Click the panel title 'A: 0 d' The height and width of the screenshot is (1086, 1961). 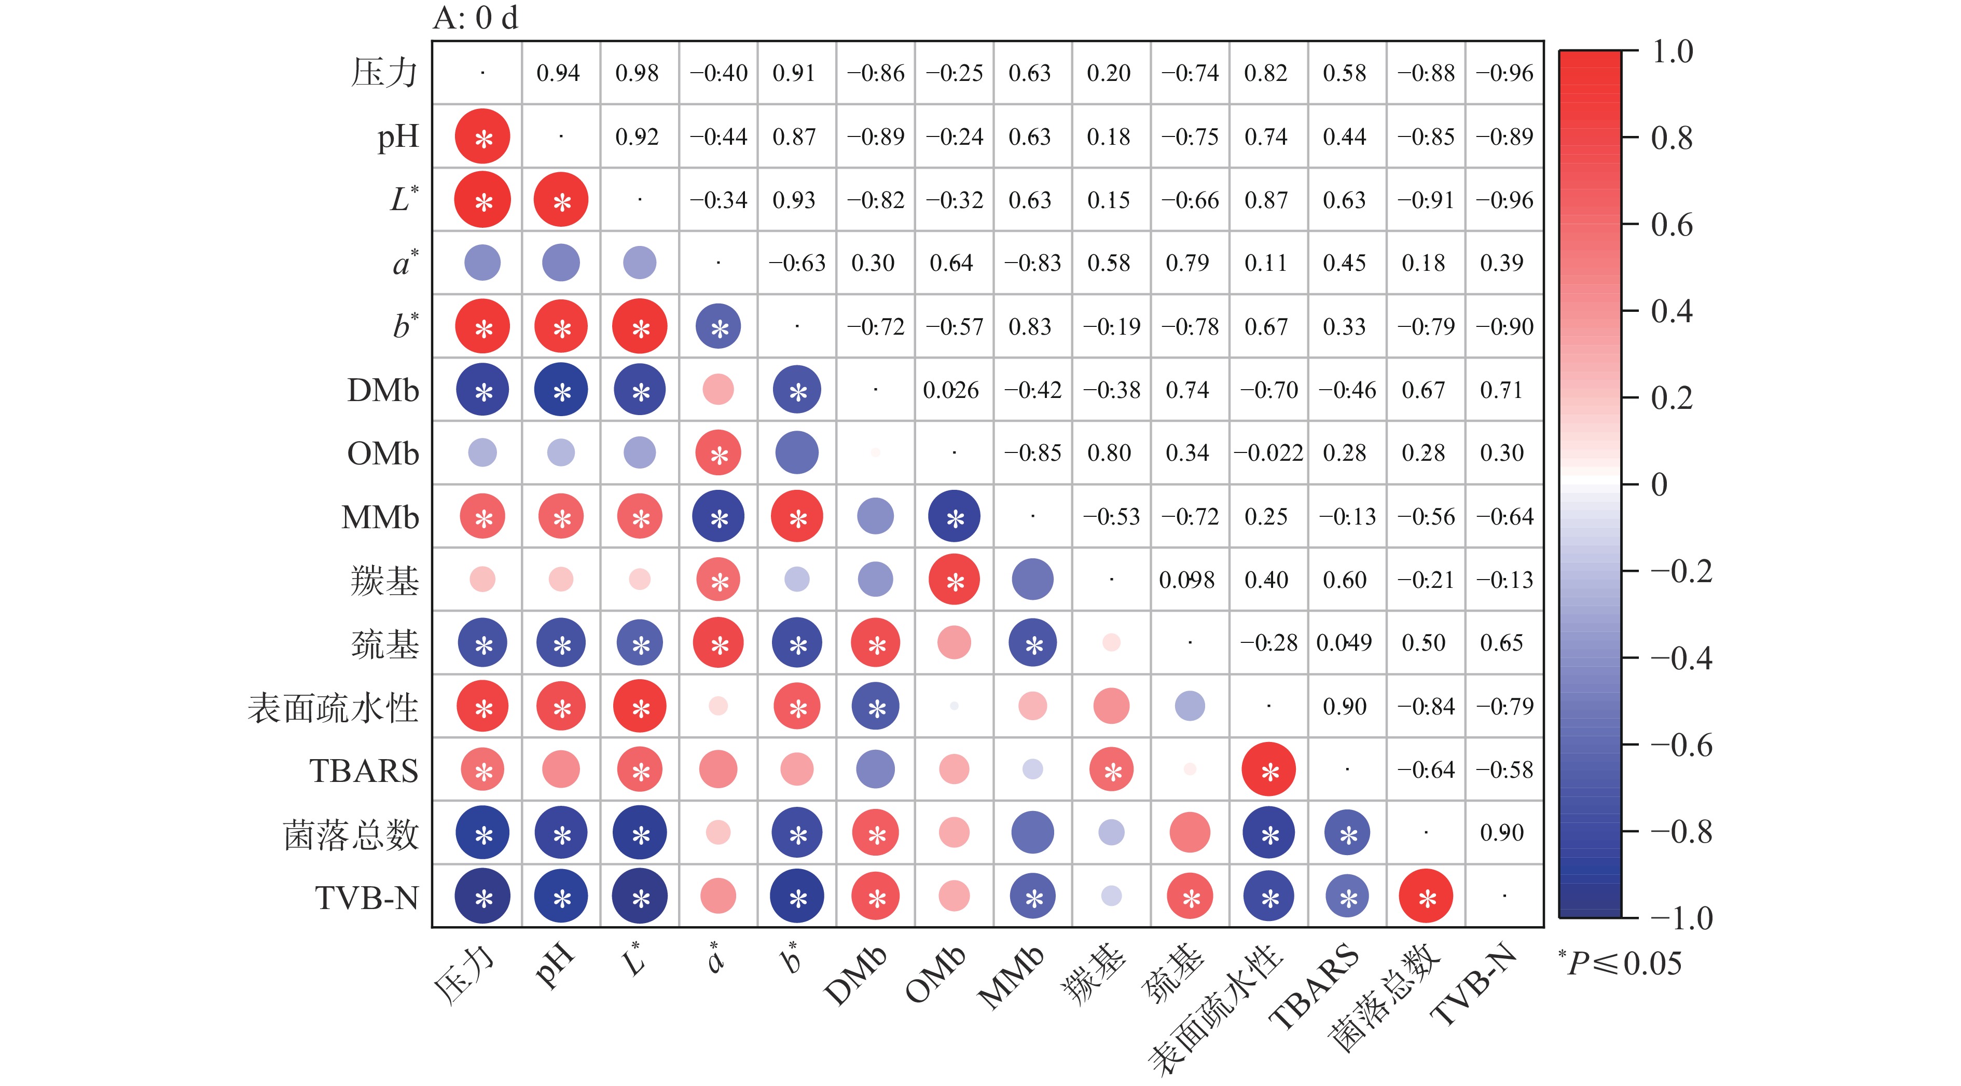pyautogui.click(x=475, y=18)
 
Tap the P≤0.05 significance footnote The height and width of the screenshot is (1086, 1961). pyautogui.click(x=1621, y=964)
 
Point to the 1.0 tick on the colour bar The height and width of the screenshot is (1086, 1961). pyautogui.click(x=1672, y=52)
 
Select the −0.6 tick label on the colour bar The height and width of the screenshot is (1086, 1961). pyautogui.click(x=1681, y=745)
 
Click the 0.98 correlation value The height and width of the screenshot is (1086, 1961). pyautogui.click(x=637, y=73)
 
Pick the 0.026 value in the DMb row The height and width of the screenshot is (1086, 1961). pyautogui.click(x=951, y=390)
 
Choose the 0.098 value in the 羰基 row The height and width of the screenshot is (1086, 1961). pyautogui.click(x=1187, y=580)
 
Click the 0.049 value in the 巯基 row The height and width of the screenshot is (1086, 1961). pyautogui.click(x=1344, y=643)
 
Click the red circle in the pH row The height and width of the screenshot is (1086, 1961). pyautogui.click(x=482, y=136)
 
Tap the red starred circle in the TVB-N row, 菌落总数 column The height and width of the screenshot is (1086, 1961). pyautogui.click(x=1426, y=897)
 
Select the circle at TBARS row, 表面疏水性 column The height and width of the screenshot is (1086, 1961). pyautogui.click(x=1268, y=769)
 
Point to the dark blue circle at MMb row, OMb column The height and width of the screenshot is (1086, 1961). pyautogui.click(x=954, y=516)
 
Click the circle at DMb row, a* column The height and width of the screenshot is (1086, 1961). pyautogui.click(x=718, y=389)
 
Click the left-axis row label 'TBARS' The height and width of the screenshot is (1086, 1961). pyautogui.click(x=364, y=771)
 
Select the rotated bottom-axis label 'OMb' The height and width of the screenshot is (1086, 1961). pyautogui.click(x=935, y=975)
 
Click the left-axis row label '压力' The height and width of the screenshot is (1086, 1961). pyautogui.click(x=384, y=73)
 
